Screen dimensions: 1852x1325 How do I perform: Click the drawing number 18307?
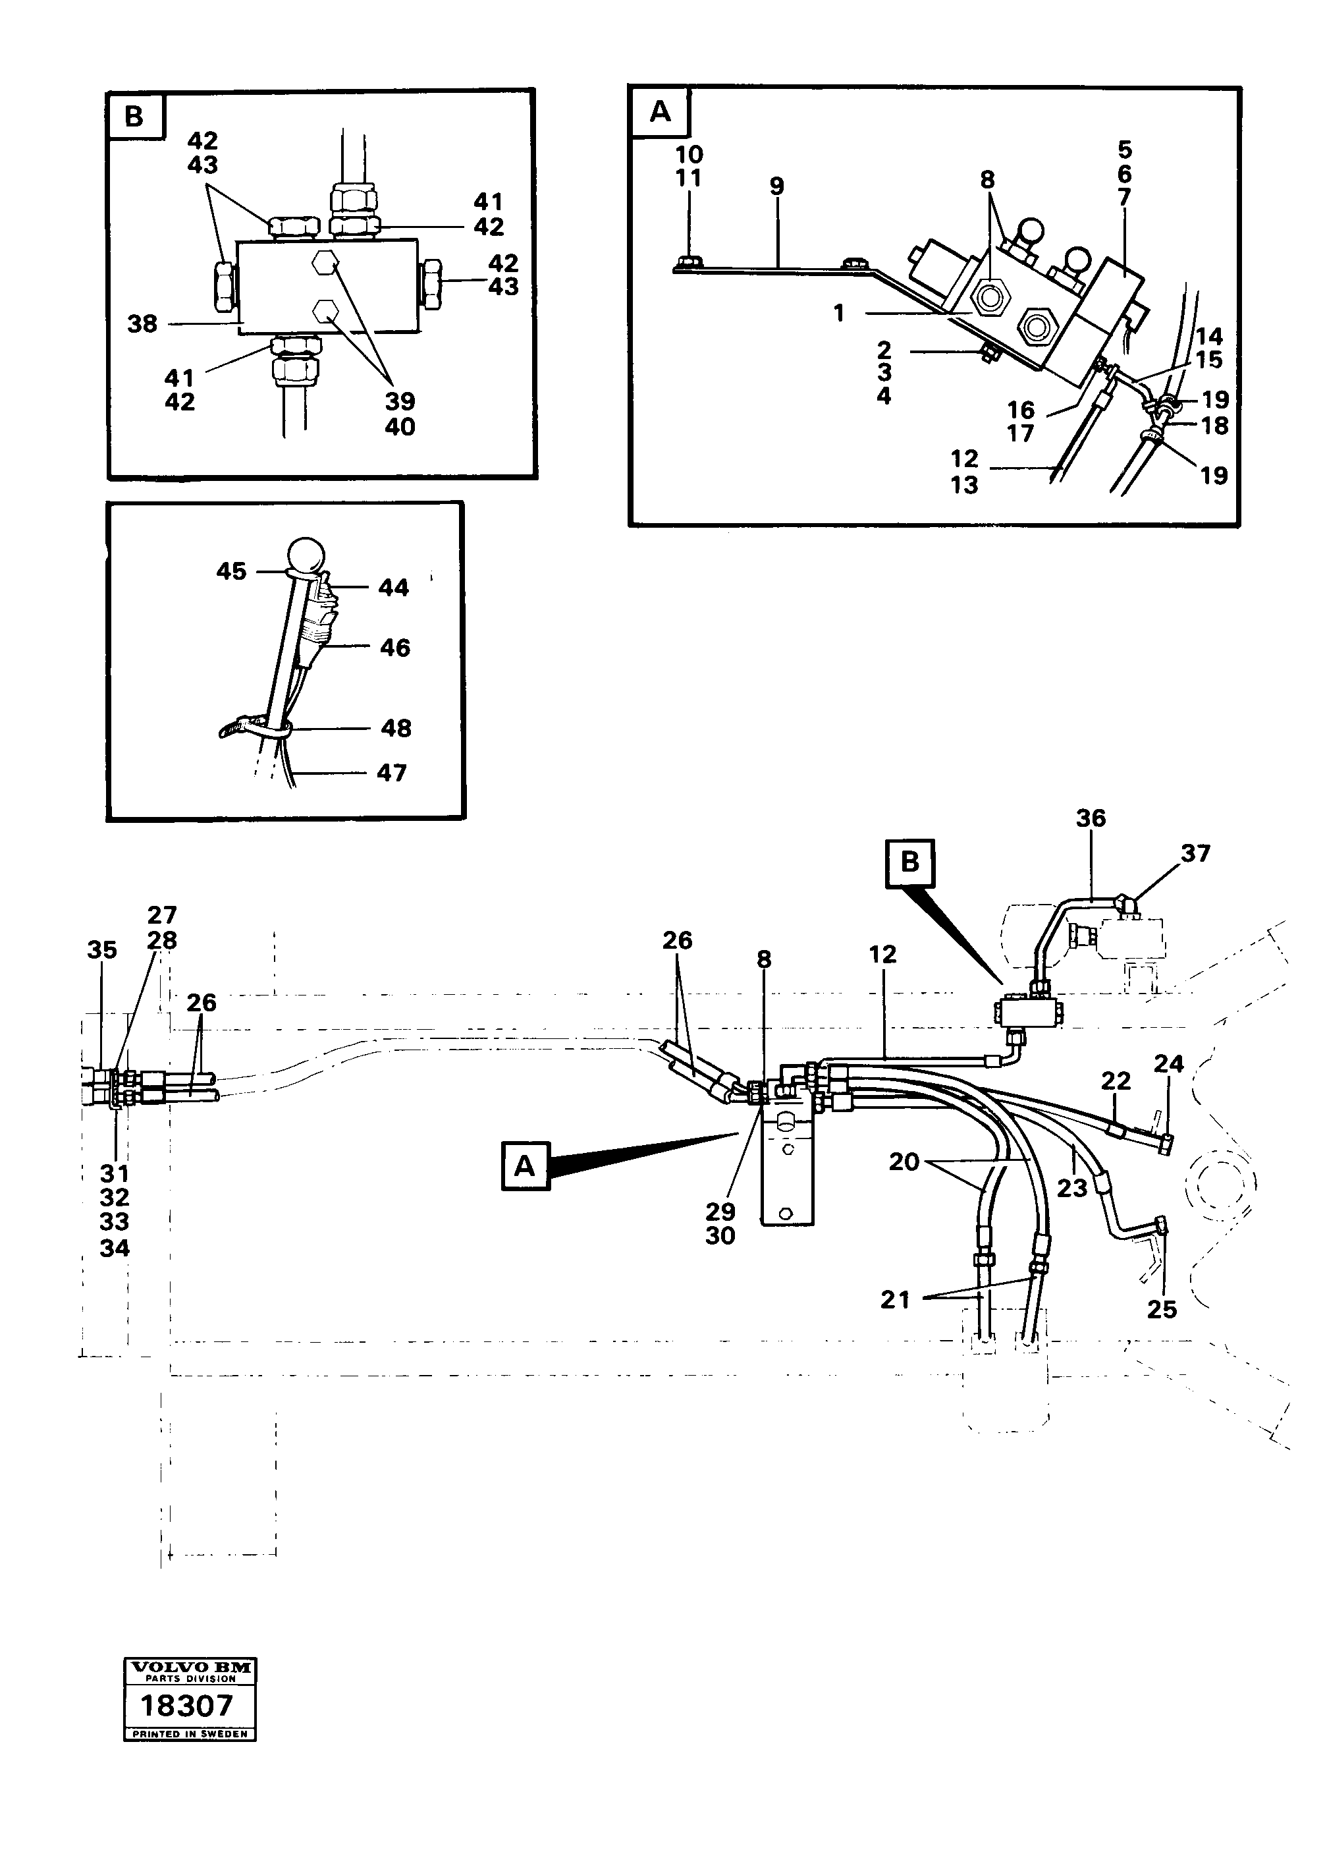tap(187, 1706)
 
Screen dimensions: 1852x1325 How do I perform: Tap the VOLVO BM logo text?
tap(189, 1668)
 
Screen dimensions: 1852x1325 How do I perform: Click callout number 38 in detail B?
tap(142, 324)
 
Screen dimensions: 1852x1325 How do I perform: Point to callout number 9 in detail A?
tap(776, 186)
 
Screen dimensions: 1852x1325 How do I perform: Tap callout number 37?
tap(1195, 853)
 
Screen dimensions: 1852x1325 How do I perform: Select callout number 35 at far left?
tap(102, 949)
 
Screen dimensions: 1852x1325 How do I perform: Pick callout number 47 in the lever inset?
tap(392, 772)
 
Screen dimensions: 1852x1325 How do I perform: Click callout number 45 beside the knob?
tap(231, 571)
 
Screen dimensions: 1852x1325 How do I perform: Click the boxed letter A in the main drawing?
tap(525, 1165)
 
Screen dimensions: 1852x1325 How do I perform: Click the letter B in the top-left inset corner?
tap(134, 116)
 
